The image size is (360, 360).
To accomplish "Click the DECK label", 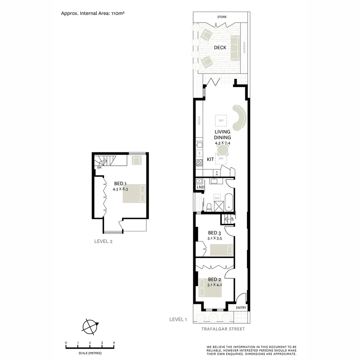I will pos(220,48).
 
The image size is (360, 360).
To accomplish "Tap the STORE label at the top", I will pos(222,17).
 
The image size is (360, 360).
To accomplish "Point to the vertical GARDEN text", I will pos(244,47).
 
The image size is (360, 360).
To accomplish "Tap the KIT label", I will pos(210,160).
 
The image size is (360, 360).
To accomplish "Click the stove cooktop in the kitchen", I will pos(199,163).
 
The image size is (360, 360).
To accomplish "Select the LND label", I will pos(200,187).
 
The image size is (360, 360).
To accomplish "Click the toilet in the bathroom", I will pos(209,207).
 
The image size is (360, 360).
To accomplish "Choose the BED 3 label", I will pos(215,233).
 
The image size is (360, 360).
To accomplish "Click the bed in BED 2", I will pos(211,288).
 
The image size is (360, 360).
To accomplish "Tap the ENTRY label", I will pos(241,308).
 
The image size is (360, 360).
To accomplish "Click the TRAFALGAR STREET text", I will pos(223,329).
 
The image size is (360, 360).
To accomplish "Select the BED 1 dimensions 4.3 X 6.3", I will pos(120,189).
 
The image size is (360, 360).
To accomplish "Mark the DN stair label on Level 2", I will pos(99,167).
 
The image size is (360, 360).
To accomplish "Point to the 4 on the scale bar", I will pos(114,343).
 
